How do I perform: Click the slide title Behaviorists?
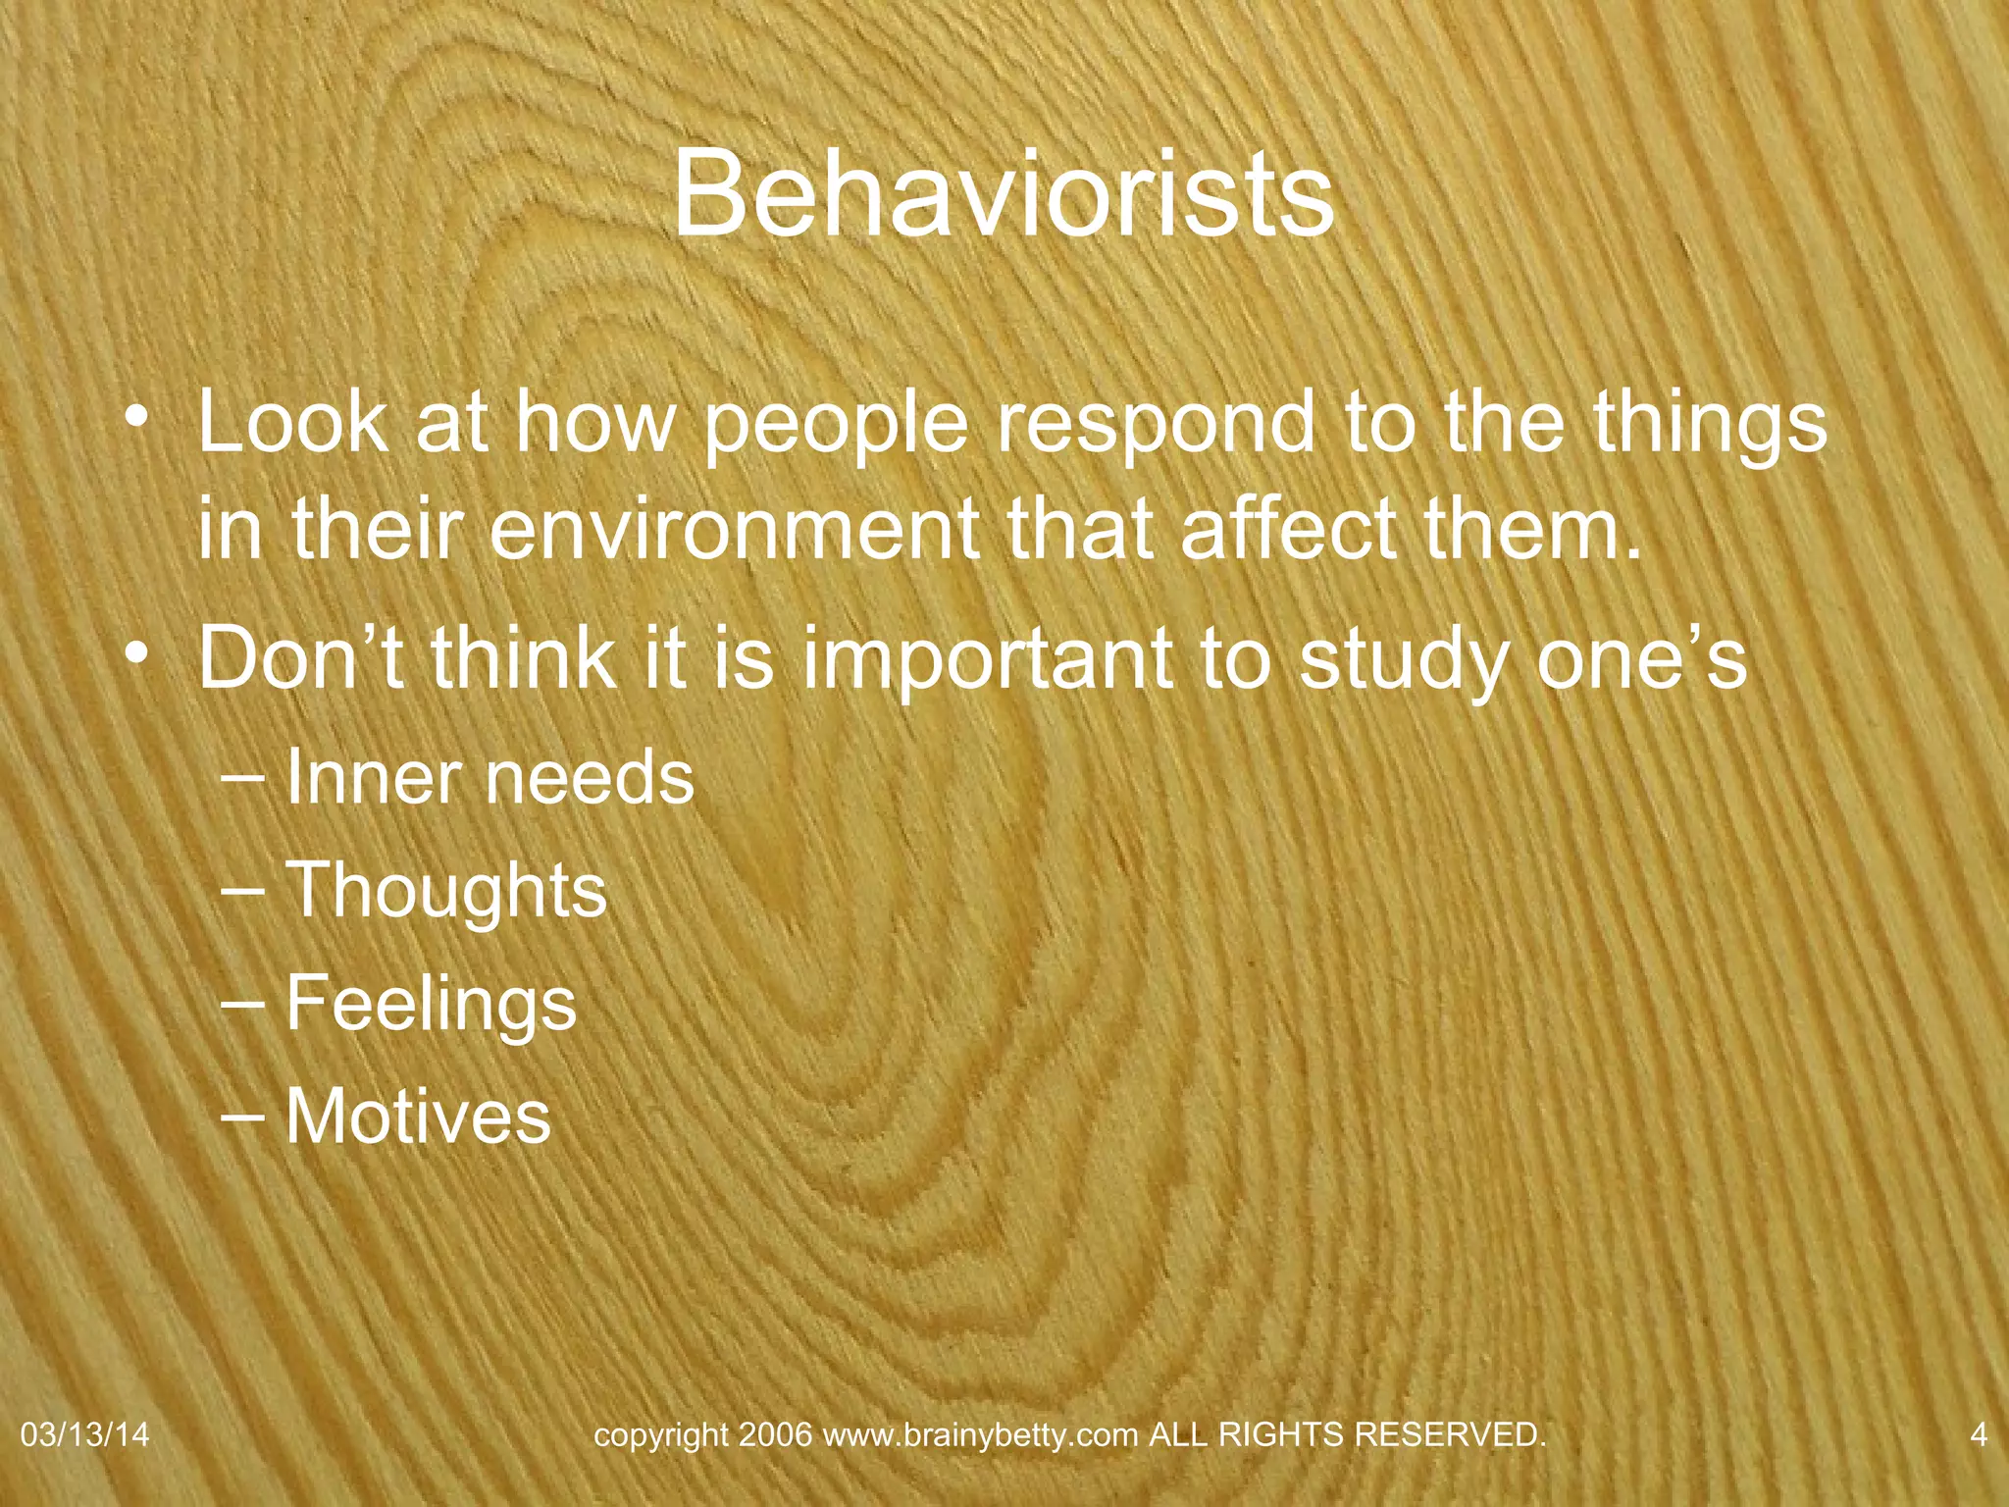1003,193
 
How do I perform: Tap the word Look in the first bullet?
292,421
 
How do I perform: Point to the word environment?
736,529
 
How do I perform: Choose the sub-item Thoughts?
446,891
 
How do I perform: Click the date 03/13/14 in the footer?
84,1434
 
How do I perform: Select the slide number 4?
1979,1434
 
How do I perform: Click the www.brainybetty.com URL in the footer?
980,1435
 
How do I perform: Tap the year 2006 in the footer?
776,1434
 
